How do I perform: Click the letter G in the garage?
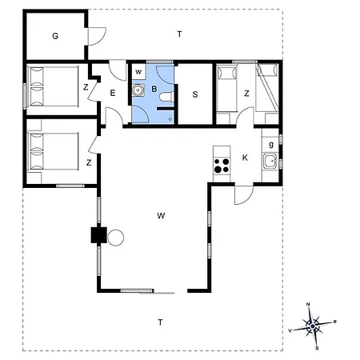[55, 36]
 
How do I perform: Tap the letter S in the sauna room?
[195, 94]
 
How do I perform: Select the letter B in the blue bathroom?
[154, 89]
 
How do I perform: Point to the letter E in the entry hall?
[113, 93]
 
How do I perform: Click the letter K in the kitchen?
[245, 158]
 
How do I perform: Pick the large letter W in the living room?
[161, 215]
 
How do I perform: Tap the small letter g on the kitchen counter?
[271, 145]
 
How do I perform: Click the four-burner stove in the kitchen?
[222, 166]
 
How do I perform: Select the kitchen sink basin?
[270, 161]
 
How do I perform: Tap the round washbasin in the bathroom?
[138, 90]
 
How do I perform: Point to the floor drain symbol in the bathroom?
[170, 119]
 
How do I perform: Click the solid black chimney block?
[99, 235]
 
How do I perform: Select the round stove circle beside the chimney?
[115, 238]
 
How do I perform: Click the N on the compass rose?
[308, 304]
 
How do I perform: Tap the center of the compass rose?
[313, 326]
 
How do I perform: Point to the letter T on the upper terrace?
[179, 34]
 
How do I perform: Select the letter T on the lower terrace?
[160, 322]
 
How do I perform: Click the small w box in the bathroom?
[138, 72]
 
